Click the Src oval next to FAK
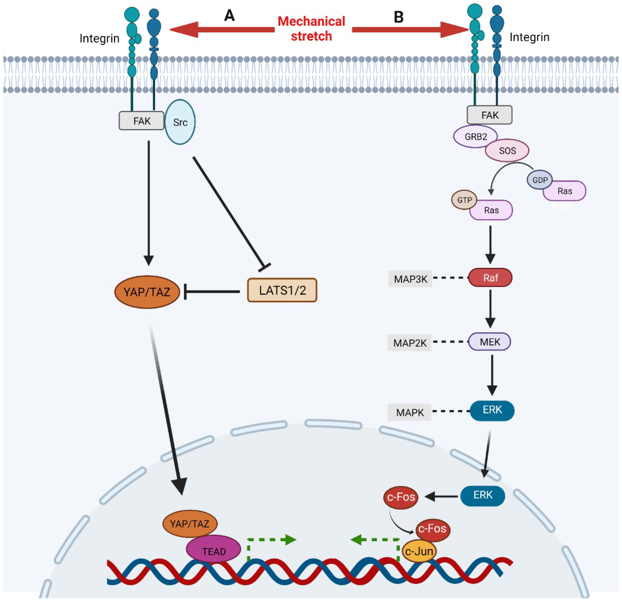tap(180, 122)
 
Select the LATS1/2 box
tap(282, 290)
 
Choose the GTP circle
tap(464, 200)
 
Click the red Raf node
tap(490, 278)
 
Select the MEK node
tap(490, 342)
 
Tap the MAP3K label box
tap(410, 279)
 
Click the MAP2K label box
tap(410, 343)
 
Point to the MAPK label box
tap(410, 412)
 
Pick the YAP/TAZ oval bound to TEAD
tap(190, 524)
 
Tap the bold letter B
tap(399, 17)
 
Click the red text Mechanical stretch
tap(311, 29)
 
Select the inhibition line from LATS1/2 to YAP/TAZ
tap(213, 291)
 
